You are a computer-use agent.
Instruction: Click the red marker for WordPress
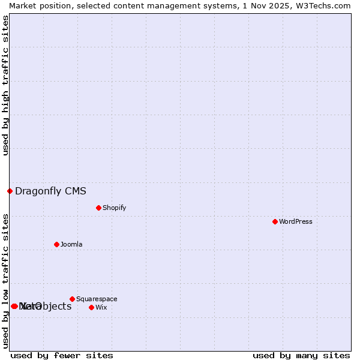tap(275, 221)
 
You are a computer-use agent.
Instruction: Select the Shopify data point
tap(98, 208)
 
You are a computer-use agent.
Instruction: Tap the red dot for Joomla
tap(56, 244)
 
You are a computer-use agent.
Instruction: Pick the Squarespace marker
tap(72, 299)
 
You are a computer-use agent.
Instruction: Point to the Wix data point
tap(91, 307)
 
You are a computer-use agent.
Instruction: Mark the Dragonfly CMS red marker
tap(10, 191)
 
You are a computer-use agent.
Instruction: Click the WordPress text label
tap(296, 221)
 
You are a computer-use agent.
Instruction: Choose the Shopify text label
tap(114, 208)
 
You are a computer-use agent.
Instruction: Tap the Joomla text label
tap(71, 244)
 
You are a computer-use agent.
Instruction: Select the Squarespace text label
tap(97, 299)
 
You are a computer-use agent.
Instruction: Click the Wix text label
tap(101, 307)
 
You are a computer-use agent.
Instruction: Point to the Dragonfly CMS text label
tap(50, 191)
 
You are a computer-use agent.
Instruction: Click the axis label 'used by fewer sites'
tap(62, 355)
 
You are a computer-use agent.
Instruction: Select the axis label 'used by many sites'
tap(301, 355)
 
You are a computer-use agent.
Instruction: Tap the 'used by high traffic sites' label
tap(5, 85)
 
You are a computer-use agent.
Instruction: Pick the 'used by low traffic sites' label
tap(5, 281)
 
